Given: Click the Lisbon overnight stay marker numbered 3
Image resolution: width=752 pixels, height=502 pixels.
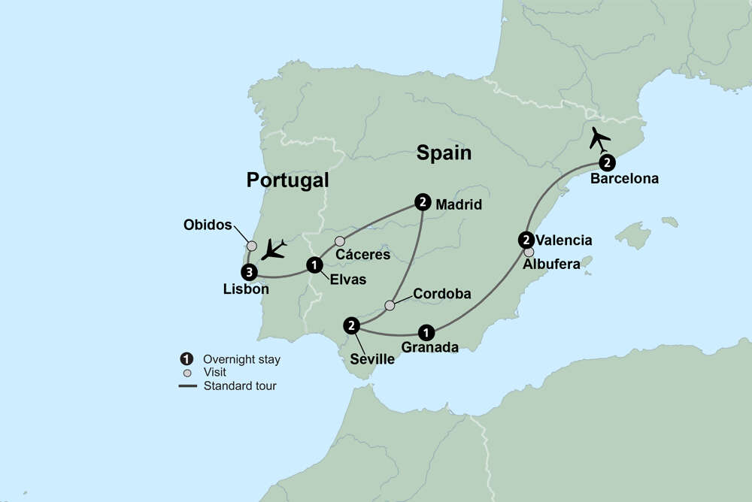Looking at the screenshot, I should click(x=249, y=271).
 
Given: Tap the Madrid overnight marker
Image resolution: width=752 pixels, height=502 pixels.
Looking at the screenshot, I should click(x=423, y=201).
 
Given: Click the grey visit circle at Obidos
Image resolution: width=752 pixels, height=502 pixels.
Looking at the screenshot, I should click(x=252, y=246).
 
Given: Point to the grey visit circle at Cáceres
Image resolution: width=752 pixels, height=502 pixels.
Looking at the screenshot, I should click(x=340, y=241).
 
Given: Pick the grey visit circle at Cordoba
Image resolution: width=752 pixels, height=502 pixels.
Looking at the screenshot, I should click(x=390, y=305).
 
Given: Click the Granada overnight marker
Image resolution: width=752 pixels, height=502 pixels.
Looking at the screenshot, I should click(x=426, y=331).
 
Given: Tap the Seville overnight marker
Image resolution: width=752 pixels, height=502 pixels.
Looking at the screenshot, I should click(x=351, y=325).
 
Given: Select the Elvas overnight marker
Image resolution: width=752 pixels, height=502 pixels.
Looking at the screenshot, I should click(x=314, y=265).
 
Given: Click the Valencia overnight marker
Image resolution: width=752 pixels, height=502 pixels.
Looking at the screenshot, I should click(x=526, y=240).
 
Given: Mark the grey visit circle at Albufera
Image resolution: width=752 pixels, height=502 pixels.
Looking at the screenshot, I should click(x=529, y=253).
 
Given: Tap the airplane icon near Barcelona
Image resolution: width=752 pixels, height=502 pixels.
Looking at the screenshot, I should click(x=601, y=138).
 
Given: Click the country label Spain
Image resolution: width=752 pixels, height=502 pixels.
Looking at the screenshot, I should click(x=444, y=153).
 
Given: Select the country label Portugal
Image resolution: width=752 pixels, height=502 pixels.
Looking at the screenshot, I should click(x=288, y=180).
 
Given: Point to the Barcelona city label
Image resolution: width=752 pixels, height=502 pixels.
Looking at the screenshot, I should click(x=624, y=179).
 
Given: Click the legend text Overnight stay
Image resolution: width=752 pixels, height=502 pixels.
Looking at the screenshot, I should click(x=241, y=359).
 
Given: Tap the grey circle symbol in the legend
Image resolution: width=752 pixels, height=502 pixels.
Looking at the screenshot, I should click(x=186, y=372).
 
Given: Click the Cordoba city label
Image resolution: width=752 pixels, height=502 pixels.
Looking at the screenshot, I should click(x=441, y=294).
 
